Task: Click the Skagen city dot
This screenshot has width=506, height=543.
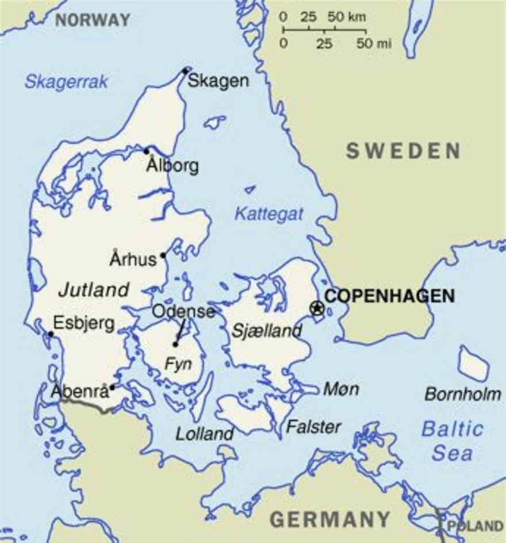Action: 185,71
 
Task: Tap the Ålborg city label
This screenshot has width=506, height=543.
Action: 172,166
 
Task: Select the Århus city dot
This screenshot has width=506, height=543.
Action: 163,255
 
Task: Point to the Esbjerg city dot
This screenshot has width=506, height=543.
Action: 51,334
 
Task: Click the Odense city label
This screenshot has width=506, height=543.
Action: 183,312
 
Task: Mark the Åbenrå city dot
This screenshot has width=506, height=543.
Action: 113,388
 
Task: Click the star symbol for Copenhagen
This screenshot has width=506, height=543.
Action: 316,308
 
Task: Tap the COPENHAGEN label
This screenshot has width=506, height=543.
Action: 389,296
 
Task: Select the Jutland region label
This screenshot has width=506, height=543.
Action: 94,289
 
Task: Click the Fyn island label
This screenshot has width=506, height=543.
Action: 178,364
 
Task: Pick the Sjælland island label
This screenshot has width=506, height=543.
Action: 266,331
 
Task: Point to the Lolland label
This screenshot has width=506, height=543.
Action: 205,434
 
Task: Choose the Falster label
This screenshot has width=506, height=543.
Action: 313,427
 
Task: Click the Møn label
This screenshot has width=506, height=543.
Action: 341,389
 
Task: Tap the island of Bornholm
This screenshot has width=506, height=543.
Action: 474,363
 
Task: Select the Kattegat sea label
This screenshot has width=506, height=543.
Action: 269,215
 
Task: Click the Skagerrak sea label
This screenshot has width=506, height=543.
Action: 66,82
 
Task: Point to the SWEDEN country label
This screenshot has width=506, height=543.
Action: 403,151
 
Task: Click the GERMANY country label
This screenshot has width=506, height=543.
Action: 330,519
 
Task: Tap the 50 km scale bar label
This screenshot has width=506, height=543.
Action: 347,17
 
